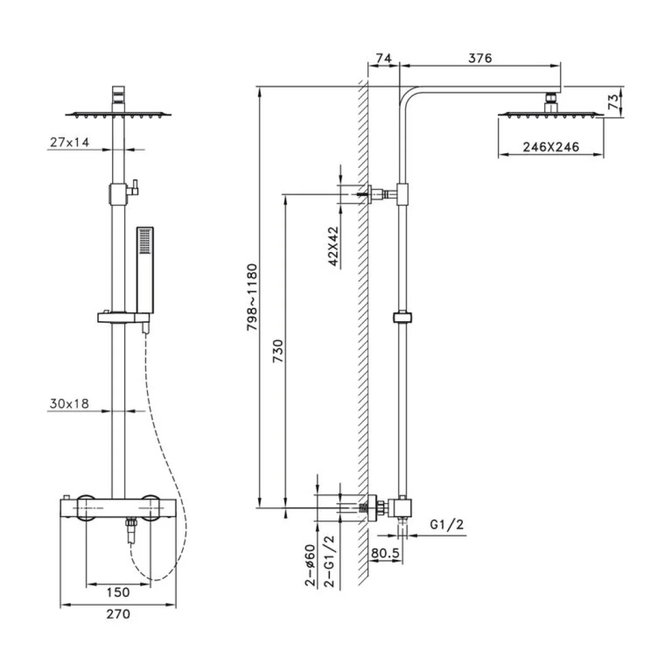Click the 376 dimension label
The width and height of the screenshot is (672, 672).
tap(480, 58)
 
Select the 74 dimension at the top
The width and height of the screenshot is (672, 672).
tap(383, 58)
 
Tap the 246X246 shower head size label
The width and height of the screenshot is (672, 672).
tap(551, 147)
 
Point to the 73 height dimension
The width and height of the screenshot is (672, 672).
tap(614, 102)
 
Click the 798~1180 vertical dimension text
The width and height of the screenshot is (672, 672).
tap(252, 297)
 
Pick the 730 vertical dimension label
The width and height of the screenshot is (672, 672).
tap(278, 351)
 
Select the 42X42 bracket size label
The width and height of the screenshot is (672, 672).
tap(334, 246)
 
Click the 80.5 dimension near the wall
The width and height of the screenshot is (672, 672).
tap(385, 553)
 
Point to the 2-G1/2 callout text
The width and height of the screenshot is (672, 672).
tap(329, 561)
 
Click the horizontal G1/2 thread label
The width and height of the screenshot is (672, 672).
tap(447, 524)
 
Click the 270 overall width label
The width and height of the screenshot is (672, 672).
tap(118, 614)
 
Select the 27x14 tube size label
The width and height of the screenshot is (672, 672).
tap(70, 142)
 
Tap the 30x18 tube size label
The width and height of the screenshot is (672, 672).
tap(69, 403)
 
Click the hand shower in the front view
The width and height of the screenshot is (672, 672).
tap(145, 270)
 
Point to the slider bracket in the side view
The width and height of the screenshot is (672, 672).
tap(402, 317)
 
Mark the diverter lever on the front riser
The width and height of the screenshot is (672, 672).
tap(134, 187)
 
